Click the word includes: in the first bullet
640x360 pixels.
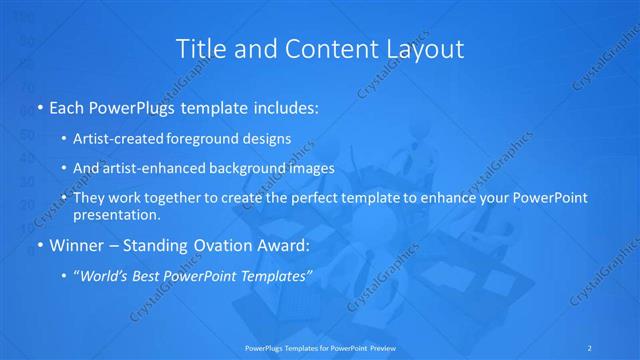(275, 106)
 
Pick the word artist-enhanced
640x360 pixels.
(149, 168)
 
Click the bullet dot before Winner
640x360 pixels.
(39, 244)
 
